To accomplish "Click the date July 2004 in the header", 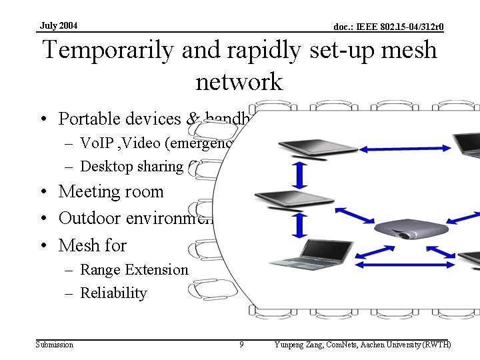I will [59, 25].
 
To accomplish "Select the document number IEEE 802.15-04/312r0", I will [389, 27].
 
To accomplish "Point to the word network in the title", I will [239, 82].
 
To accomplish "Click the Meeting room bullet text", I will [111, 192].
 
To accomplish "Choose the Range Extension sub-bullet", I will [134, 269].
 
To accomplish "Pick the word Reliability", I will [113, 293].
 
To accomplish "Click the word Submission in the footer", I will [55, 344].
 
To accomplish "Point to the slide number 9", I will [241, 344].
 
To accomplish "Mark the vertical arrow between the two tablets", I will [300, 175].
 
